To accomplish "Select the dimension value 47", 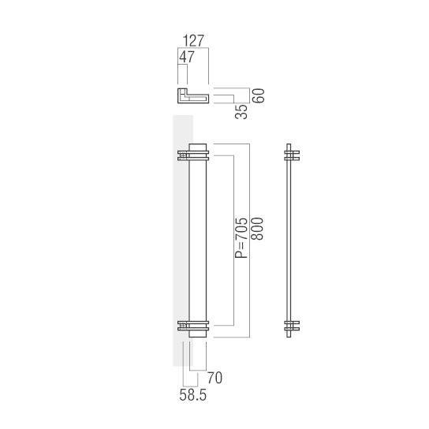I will tap(187, 58).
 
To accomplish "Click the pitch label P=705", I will tap(241, 238).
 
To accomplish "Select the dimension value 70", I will tap(214, 379).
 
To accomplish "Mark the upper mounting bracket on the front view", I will tap(195, 155).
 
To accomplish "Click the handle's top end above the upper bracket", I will tap(198, 146).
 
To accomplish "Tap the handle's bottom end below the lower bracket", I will tap(198, 334).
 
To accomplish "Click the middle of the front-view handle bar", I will tap(198, 241).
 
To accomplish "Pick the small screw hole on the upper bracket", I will tap(183, 155).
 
